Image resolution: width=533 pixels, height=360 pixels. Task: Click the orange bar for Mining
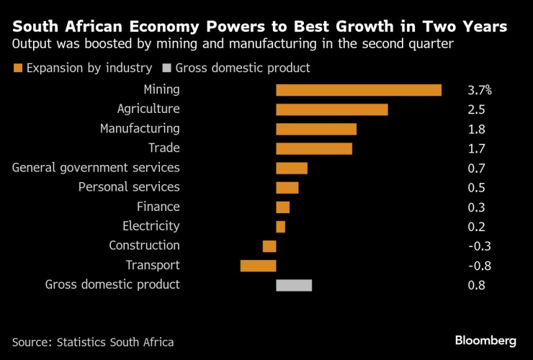(358, 90)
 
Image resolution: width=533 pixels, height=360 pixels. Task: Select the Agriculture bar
(331, 109)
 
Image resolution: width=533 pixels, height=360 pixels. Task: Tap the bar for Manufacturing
(316, 129)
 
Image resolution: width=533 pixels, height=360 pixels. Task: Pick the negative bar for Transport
(258, 265)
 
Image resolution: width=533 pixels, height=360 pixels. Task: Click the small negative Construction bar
(269, 246)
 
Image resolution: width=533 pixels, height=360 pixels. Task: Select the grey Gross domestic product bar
(294, 284)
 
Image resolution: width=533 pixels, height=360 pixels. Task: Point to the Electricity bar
(280, 226)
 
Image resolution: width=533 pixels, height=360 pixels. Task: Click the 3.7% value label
(479, 91)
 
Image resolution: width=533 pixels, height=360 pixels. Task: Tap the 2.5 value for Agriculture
(476, 110)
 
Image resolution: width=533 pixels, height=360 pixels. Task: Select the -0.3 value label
(479, 246)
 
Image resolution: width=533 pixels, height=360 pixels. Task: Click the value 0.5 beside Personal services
(476, 188)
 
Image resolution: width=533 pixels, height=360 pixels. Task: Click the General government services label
(97, 168)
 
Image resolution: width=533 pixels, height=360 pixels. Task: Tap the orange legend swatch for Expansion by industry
(17, 68)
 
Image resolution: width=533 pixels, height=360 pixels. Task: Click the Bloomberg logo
(485, 340)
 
